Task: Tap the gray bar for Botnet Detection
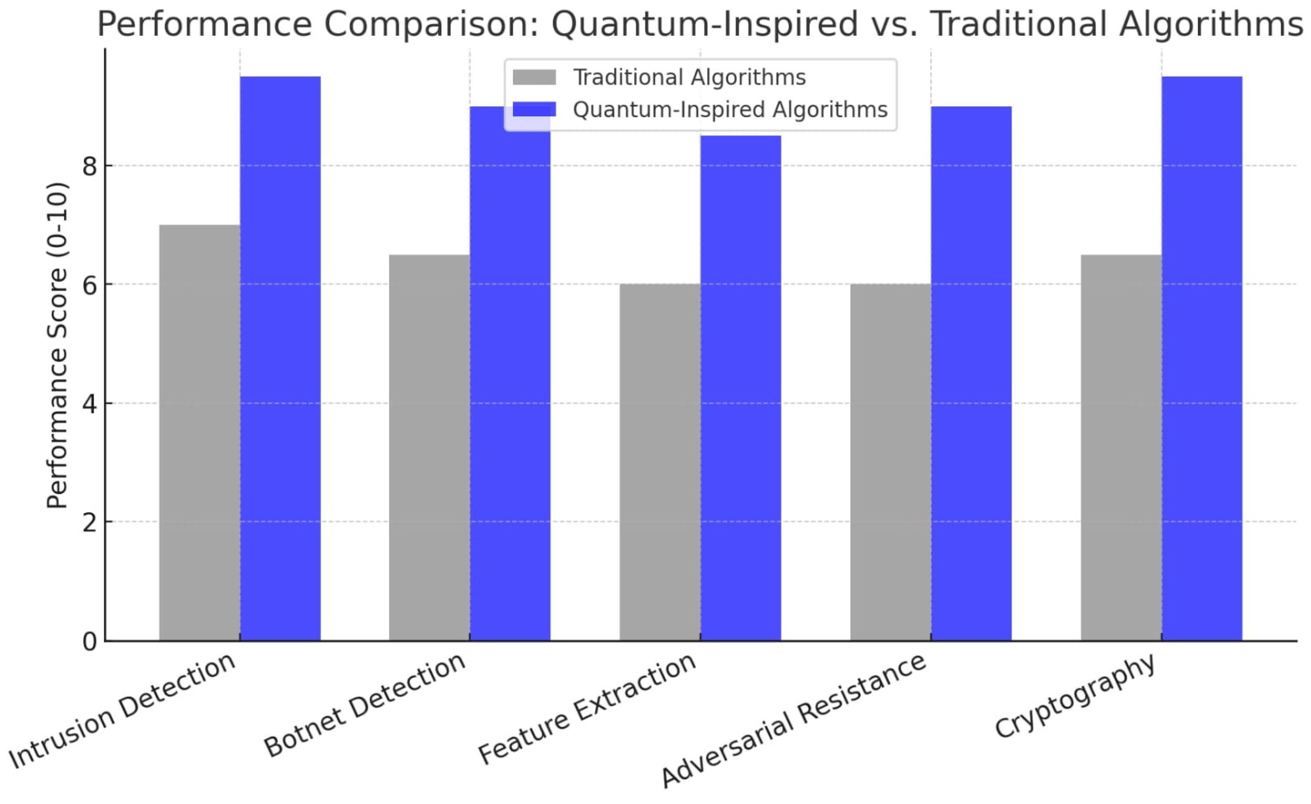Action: [429, 447]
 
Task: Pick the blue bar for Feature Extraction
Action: [741, 388]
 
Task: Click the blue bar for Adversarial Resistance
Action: [971, 373]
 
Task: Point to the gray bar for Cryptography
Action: [1121, 447]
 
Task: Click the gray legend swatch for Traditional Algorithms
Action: [534, 77]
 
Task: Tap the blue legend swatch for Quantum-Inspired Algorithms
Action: [534, 109]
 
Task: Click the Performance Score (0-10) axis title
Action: [57, 346]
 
